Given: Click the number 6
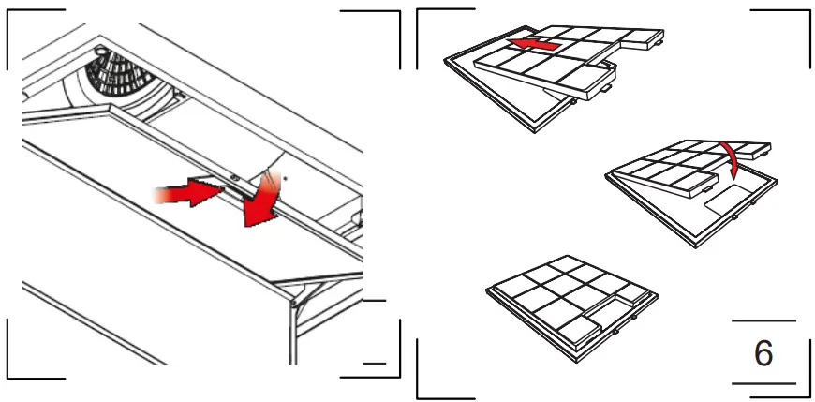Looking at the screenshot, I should pyautogui.click(x=763, y=353).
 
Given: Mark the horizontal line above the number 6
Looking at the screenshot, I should pyautogui.click(x=763, y=321).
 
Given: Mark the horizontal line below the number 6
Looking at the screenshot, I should pyautogui.click(x=763, y=383).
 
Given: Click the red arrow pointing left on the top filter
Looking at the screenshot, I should pyautogui.click(x=539, y=44).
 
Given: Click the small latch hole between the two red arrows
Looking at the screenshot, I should pyautogui.click(x=231, y=176).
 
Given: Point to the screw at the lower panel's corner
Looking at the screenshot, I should pyautogui.click(x=296, y=303).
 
